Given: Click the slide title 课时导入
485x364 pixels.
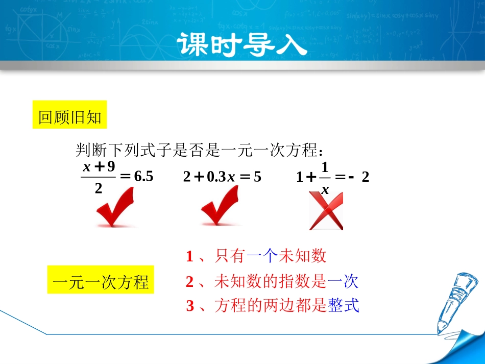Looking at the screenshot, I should click(x=243, y=45).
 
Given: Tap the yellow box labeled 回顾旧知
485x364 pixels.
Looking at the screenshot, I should click(x=70, y=118).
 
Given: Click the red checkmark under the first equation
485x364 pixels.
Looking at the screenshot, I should click(x=115, y=208).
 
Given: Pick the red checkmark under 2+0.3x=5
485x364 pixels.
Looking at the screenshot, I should click(x=220, y=208).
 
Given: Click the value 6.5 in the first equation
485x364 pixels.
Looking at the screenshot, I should click(x=143, y=177).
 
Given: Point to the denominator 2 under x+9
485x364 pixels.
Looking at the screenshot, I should click(x=99, y=188).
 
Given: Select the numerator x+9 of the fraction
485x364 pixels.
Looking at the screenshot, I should click(x=99, y=166).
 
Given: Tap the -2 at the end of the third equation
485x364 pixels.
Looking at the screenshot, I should click(x=359, y=177).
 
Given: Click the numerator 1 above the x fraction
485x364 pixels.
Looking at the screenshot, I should click(x=325, y=166).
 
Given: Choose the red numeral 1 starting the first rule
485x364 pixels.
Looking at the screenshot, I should click(x=189, y=256).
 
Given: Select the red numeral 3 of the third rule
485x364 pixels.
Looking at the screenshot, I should click(x=190, y=306).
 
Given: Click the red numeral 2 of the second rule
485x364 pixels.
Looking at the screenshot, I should click(x=190, y=281).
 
